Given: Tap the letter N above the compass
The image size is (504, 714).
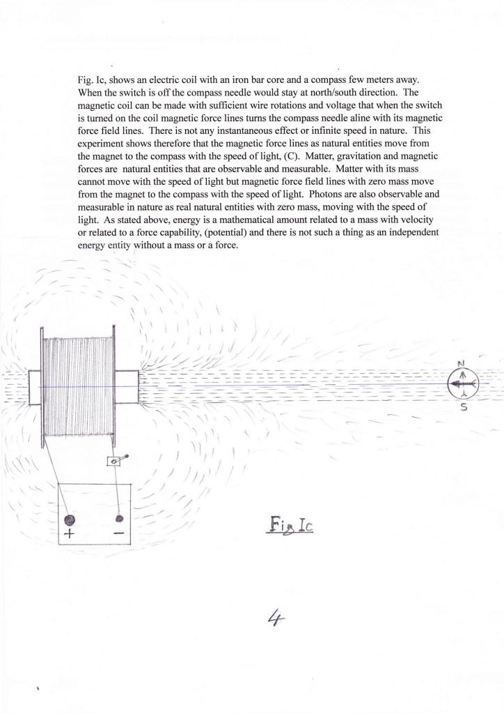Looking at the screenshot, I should click(460, 363).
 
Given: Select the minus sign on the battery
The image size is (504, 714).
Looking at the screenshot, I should click(118, 533).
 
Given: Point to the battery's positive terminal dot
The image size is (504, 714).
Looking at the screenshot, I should click(69, 519).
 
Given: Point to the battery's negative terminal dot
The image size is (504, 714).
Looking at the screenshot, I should click(120, 518).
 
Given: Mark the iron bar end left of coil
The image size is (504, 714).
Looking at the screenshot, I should click(36, 386).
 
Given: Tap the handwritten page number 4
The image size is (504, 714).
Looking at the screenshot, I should click(272, 617).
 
